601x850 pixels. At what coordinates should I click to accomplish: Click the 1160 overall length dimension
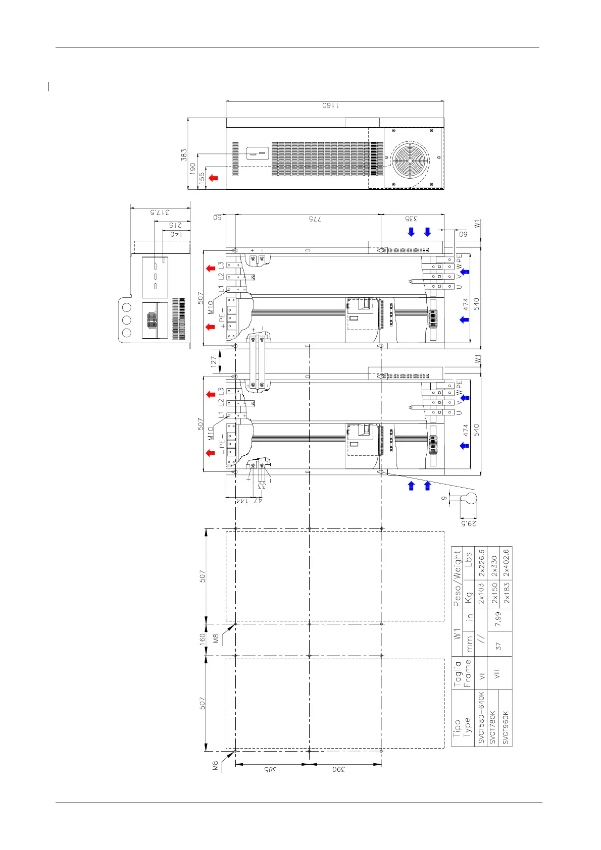(x=331, y=105)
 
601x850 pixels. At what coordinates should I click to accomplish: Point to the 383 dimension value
(x=184, y=154)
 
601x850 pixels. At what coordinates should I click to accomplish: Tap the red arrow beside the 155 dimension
(x=214, y=178)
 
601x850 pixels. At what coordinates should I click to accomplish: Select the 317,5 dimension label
(x=160, y=212)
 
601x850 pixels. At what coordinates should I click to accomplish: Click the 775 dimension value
(x=315, y=219)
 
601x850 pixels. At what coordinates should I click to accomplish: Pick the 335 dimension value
(x=411, y=219)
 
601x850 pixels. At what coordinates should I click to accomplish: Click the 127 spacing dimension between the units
(x=214, y=361)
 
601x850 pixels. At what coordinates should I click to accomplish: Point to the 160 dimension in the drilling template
(x=202, y=640)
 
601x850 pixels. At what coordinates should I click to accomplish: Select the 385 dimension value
(x=271, y=770)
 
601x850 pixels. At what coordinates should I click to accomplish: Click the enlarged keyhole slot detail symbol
(x=470, y=499)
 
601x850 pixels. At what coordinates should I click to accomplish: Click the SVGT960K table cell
(x=506, y=727)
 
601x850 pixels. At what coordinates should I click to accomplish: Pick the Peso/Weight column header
(x=457, y=578)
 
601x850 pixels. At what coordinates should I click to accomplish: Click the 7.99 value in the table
(x=498, y=619)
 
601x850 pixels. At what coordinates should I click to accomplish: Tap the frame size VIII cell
(x=497, y=673)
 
